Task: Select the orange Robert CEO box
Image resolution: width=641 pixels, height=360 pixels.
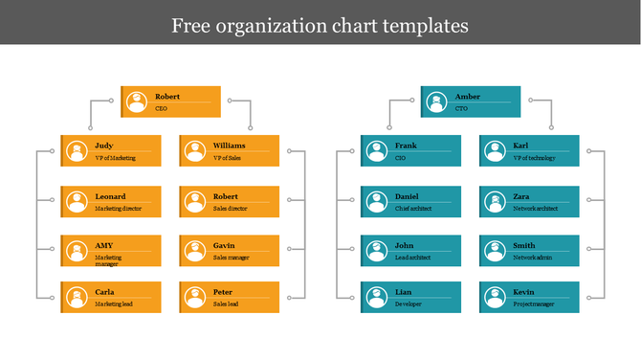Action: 170,101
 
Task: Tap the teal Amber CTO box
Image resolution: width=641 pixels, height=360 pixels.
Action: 471,101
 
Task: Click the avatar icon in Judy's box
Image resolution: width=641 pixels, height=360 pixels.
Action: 77,151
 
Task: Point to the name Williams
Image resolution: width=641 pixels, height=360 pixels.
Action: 230,146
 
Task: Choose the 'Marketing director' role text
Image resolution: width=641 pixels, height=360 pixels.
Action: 119,208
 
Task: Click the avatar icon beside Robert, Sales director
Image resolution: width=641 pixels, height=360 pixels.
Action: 195,201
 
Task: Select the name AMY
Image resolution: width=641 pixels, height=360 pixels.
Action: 103,245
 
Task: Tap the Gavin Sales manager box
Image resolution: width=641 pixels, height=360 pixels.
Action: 230,251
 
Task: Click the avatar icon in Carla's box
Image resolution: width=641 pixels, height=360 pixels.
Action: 77,297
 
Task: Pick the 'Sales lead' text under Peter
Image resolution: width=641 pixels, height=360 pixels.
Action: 227,304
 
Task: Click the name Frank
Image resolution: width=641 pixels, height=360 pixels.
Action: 406,146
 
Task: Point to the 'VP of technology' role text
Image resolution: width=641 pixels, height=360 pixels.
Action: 534,158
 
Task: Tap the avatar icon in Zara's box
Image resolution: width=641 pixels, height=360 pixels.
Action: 495,201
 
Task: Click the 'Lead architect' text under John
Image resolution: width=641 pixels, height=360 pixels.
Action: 413,258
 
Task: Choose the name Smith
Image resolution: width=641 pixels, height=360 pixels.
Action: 524,245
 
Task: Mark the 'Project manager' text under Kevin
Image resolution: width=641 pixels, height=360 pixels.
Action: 534,304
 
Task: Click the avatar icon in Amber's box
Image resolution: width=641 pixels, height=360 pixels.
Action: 435,101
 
